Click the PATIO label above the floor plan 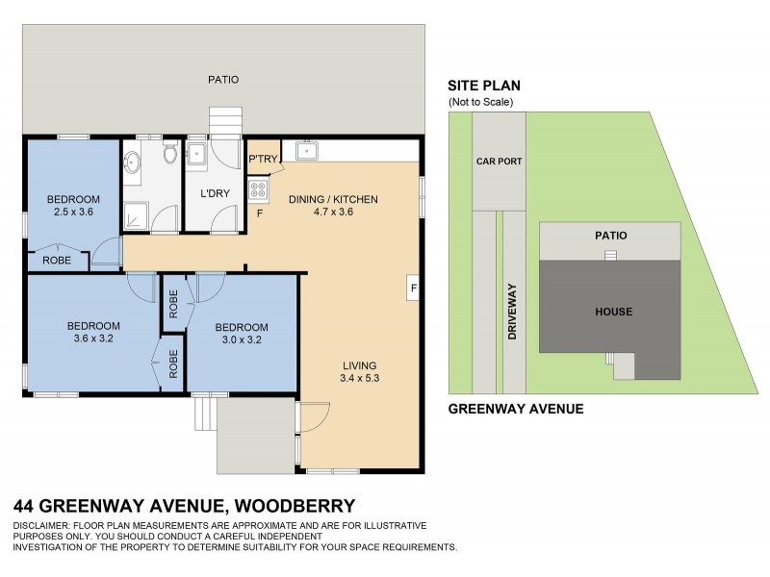point(223,80)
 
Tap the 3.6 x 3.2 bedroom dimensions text point(94,339)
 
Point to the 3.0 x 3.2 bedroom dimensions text point(242,339)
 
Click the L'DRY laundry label point(214,193)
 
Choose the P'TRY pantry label point(263,160)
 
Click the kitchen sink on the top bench point(309,150)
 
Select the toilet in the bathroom point(170,154)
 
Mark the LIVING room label point(357,365)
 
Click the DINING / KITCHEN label point(333,199)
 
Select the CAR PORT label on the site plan point(499,162)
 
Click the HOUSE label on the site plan point(613,312)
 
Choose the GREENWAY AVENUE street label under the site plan point(517,409)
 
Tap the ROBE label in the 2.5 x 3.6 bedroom point(56,260)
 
